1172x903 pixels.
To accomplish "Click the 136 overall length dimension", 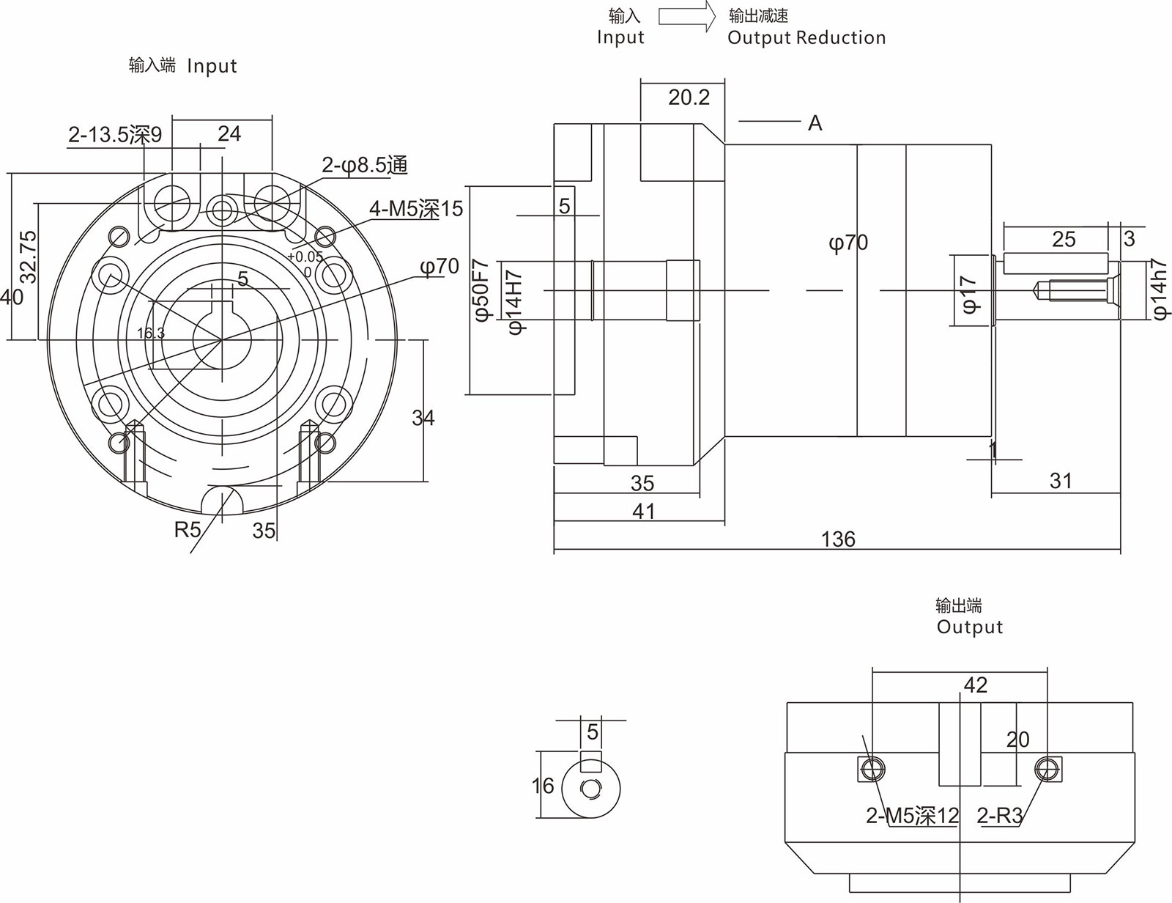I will [x=838, y=539].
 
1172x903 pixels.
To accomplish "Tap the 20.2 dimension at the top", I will [x=689, y=97].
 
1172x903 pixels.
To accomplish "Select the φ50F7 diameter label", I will [x=481, y=290].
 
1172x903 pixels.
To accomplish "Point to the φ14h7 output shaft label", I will [x=1160, y=288].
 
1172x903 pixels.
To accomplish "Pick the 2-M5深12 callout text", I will [x=912, y=816].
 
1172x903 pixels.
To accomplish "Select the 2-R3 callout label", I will [x=999, y=816].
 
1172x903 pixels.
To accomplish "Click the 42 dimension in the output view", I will [x=975, y=685].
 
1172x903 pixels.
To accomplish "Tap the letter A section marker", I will [x=815, y=123].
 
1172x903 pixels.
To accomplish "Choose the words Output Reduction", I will [x=806, y=38].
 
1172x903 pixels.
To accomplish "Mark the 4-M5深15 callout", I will [x=416, y=209].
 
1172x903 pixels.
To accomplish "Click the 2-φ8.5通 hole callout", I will [x=364, y=166].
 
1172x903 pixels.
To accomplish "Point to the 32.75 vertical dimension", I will [x=28, y=257].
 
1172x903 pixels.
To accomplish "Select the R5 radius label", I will [x=188, y=529].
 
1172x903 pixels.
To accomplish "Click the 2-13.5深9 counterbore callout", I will [x=115, y=135].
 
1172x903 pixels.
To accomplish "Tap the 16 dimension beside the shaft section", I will [x=543, y=786].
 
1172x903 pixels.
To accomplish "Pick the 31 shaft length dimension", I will [x=1061, y=481].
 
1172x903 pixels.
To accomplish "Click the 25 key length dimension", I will [x=1064, y=240].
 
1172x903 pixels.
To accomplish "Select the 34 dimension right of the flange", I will [x=423, y=418].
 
